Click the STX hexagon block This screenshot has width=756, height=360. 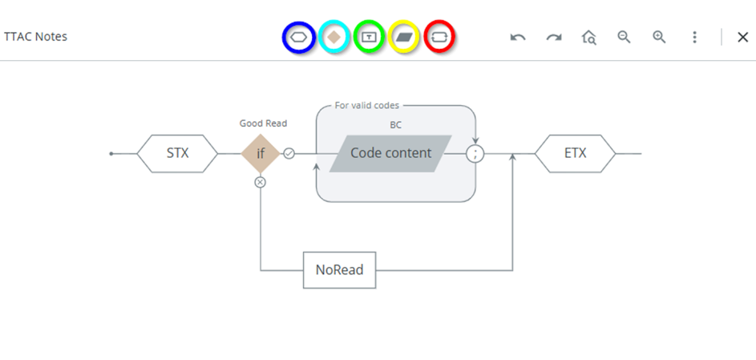[177, 153]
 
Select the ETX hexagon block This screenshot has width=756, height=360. [575, 153]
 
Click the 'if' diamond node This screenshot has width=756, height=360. [261, 153]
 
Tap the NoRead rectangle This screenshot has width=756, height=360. [339, 270]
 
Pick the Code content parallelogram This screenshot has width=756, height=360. [390, 153]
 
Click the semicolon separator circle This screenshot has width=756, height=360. [475, 153]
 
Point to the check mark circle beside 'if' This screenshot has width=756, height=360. [289, 153]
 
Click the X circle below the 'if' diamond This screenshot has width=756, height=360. [261, 182]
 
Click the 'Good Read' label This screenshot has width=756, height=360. [263, 123]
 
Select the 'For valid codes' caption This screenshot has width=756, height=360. [367, 105]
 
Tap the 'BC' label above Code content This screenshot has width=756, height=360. [396, 125]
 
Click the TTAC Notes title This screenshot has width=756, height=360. [36, 36]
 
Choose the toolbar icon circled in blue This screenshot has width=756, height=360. [298, 37]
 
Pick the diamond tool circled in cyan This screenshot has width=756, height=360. [334, 37]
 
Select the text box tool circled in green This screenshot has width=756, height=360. [369, 37]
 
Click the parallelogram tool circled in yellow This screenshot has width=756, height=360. [404, 37]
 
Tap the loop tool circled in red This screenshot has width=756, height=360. [439, 37]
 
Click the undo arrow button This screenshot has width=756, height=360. [518, 37]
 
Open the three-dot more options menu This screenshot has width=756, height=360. [694, 37]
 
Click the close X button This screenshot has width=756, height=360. [742, 37]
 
